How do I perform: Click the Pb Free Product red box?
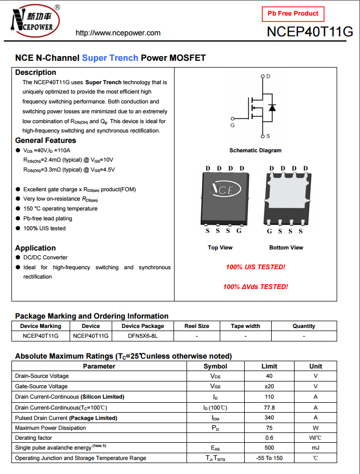293,14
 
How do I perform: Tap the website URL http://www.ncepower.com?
118,33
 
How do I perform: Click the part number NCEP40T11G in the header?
310,32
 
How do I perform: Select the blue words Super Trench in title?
110,58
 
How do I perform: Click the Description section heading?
35,72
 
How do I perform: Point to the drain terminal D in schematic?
268,76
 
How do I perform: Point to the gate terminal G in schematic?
232,125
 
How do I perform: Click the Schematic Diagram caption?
255,150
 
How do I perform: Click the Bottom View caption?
286,247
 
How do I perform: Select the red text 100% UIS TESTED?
255,267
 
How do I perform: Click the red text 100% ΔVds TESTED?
255,286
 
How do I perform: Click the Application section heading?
35,248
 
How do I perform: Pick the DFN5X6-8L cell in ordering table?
142,336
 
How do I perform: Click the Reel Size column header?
197,326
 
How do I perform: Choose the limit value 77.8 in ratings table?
269,407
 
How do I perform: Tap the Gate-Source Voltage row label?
42,386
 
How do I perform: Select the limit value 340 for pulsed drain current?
269,418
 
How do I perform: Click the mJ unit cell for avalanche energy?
315,447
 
